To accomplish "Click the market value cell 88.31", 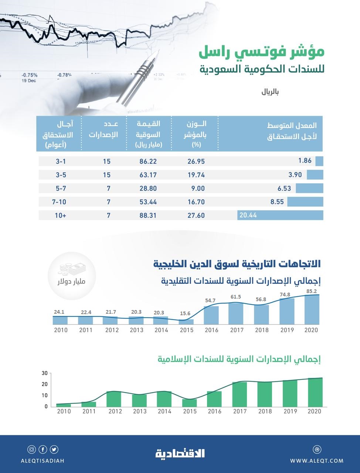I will coord(147,215).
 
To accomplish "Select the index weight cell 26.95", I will coord(196,161).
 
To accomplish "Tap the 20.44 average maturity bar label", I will coord(248,215).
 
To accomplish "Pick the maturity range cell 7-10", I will coord(59,202).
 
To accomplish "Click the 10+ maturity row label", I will coord(60,215).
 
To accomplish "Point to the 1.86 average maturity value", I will coord(305,161).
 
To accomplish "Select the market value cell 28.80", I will coord(147,188).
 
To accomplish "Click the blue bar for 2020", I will coord(311,309).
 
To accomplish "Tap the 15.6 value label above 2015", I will coord(186,313).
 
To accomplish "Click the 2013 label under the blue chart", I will coord(136,330).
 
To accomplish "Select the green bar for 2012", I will coord(114,399).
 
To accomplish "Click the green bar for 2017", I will coord(240,394).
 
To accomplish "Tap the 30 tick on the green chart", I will coord(44,373).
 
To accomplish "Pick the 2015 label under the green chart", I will coord(190,411).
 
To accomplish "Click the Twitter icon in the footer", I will coord(55,449).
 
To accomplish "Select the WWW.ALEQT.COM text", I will coord(317,461).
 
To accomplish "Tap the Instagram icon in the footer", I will coord(32,449).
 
